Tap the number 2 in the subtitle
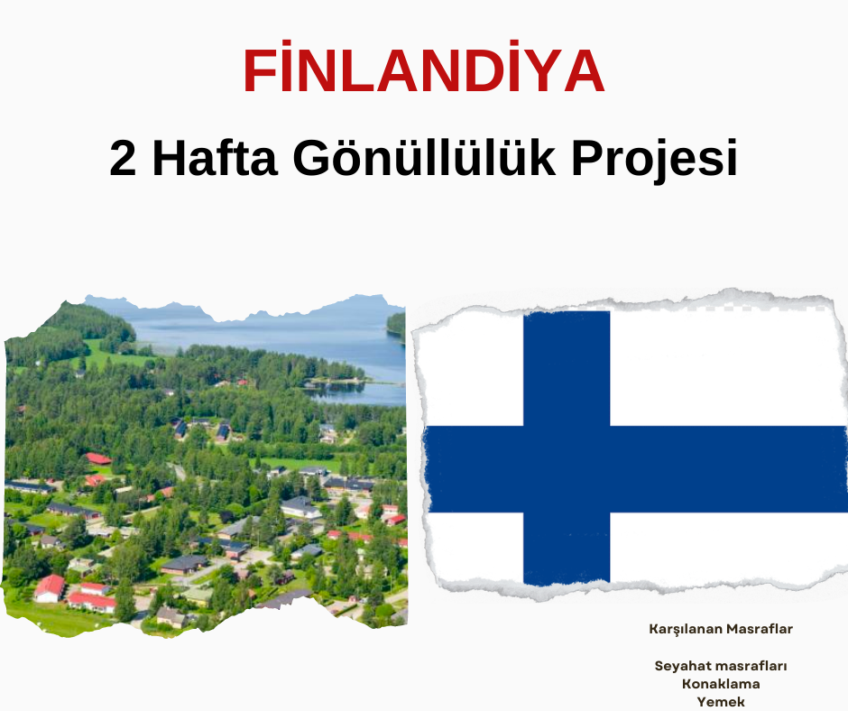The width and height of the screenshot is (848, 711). click(x=123, y=159)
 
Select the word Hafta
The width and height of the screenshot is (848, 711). click(x=215, y=158)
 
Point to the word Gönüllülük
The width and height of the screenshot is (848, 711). click(x=425, y=158)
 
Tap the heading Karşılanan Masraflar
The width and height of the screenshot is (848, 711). click(x=721, y=629)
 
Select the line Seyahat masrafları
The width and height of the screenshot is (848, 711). click(x=721, y=666)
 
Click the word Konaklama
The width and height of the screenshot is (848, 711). click(x=721, y=684)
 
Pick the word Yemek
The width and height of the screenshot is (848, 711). click(x=721, y=702)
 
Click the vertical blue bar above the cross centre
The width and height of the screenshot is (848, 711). click(x=567, y=368)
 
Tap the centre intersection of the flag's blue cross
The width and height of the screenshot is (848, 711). click(x=567, y=469)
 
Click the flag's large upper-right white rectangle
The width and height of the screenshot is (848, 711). click(x=726, y=367)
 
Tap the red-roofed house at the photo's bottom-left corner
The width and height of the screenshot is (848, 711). click(x=50, y=588)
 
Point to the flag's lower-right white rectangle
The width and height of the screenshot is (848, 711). click(x=727, y=548)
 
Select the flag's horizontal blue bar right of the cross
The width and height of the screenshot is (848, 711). click(x=729, y=469)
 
